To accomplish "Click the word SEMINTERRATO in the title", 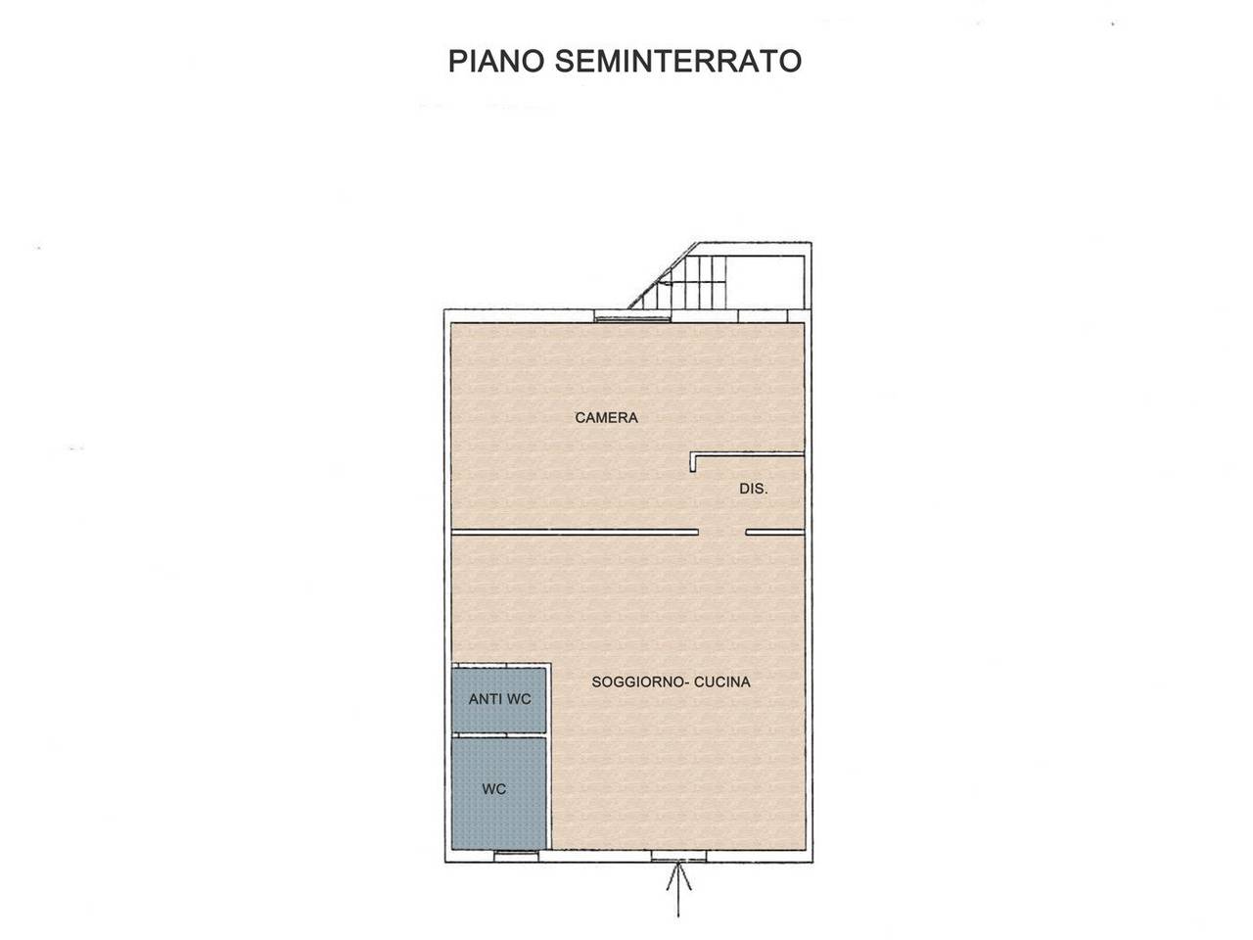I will tap(678, 61).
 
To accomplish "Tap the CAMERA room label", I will tap(606, 418).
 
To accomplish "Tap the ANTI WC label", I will tap(499, 699).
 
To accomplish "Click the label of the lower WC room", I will tap(494, 789).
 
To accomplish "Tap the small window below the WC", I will tap(516, 856).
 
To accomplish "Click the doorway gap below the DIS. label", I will tap(722, 533).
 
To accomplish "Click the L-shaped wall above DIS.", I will tap(744, 454).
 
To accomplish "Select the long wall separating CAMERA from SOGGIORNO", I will tap(575, 533).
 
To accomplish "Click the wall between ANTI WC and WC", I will tap(498, 734).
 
